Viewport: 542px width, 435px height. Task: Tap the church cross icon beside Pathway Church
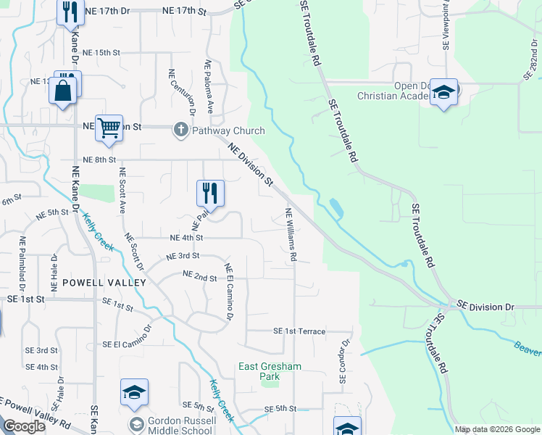pyautogui.click(x=180, y=131)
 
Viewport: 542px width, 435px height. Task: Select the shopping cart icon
pyautogui.click(x=109, y=128)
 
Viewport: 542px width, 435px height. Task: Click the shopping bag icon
pyautogui.click(x=63, y=91)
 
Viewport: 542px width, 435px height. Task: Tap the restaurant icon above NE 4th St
pyautogui.click(x=210, y=192)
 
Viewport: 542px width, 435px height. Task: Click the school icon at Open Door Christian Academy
pyautogui.click(x=443, y=92)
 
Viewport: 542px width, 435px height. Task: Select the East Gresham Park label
pyautogui.click(x=270, y=371)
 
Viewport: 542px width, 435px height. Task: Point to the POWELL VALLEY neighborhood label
pyautogui.click(x=104, y=282)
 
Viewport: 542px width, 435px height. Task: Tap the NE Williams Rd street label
pyautogui.click(x=291, y=235)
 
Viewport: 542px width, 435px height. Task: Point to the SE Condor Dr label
pyautogui.click(x=344, y=362)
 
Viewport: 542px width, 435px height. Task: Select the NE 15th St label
pyautogui.click(x=101, y=53)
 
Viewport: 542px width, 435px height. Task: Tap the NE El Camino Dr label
pyautogui.click(x=229, y=292)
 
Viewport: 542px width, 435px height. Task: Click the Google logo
pyautogui.click(x=24, y=426)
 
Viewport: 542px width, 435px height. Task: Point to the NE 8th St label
pyautogui.click(x=99, y=159)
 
